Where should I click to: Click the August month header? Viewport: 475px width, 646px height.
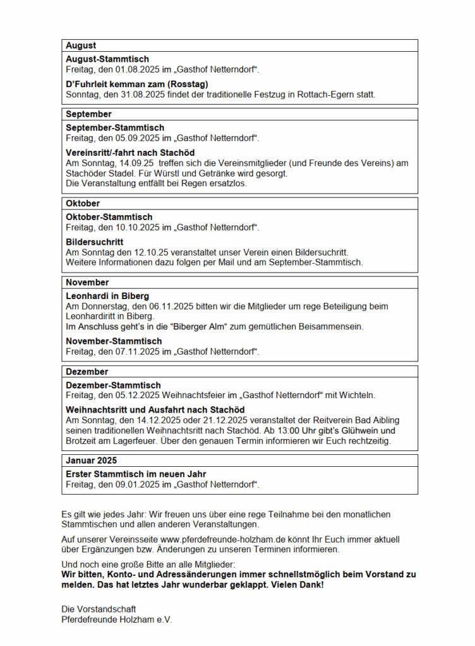pos(81,45)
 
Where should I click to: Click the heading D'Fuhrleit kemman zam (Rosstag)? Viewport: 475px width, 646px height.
pos(137,84)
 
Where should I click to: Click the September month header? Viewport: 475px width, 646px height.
pos(88,114)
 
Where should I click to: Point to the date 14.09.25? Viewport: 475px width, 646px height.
pos(129,163)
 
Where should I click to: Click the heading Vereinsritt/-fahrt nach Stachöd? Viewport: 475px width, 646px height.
pos(130,153)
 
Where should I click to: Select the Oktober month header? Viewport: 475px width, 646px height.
pos(83,204)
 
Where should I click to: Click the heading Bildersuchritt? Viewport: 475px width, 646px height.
pos(94,242)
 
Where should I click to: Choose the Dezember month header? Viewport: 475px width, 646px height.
pos(87,372)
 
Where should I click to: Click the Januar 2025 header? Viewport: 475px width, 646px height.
pos(91,460)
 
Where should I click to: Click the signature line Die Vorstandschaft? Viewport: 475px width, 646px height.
pos(99,609)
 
